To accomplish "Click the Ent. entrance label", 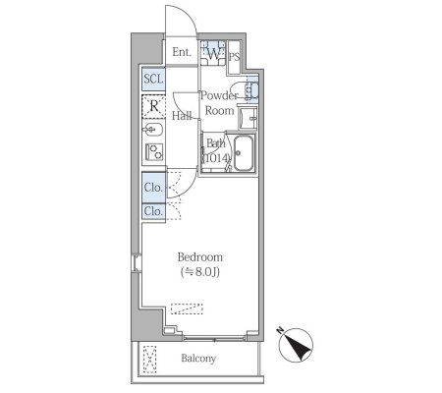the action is pyautogui.click(x=182, y=52).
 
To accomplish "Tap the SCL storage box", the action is pyautogui.click(x=153, y=79).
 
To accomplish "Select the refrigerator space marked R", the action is pyautogui.click(x=153, y=106).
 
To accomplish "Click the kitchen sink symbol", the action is pyautogui.click(x=152, y=130).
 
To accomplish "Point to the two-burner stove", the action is pyautogui.click(x=154, y=152).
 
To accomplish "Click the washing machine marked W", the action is pyautogui.click(x=213, y=53).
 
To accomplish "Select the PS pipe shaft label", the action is pyautogui.click(x=234, y=57).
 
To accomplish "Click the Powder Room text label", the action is pyautogui.click(x=219, y=103).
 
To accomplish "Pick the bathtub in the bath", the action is pyautogui.click(x=244, y=153).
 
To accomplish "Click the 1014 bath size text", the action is pyautogui.click(x=216, y=158).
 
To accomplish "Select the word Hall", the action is pyautogui.click(x=182, y=116).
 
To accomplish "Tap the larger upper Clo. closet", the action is pyautogui.click(x=153, y=188).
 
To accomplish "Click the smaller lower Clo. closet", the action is pyautogui.click(x=153, y=211).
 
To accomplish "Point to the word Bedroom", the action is pyautogui.click(x=200, y=257).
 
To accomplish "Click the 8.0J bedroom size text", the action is pyautogui.click(x=200, y=272).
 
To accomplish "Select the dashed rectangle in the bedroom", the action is pyautogui.click(x=187, y=309).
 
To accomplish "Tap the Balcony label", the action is pyautogui.click(x=198, y=359).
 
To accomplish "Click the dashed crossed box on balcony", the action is pyautogui.click(x=150, y=360).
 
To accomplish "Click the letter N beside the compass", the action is pyautogui.click(x=280, y=330).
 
